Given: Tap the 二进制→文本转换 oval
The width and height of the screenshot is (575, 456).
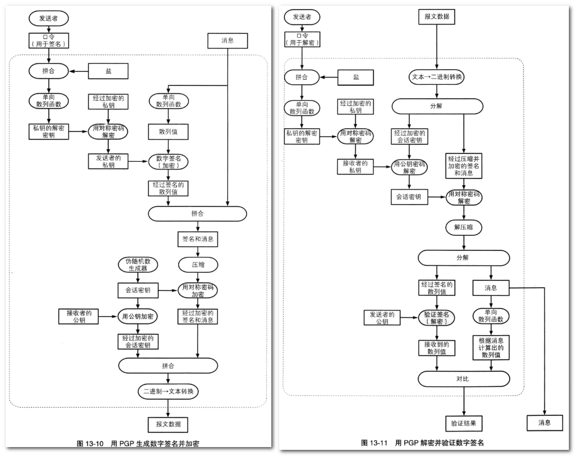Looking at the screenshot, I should pos(168,391).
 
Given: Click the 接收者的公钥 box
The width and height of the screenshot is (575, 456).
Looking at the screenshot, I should pos(78,315).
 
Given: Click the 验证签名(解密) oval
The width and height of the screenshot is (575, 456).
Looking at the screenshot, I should pos(437,318).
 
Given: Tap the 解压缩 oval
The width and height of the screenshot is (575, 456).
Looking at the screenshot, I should pos(464,227).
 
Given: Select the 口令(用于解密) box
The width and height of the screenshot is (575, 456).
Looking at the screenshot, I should pos(303,41).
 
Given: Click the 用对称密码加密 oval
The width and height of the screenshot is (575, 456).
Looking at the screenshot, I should pos(198,290).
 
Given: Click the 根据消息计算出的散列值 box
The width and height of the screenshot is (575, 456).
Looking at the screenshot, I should pos(491,347).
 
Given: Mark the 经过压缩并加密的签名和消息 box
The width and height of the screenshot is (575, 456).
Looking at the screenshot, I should pos(464,166).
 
